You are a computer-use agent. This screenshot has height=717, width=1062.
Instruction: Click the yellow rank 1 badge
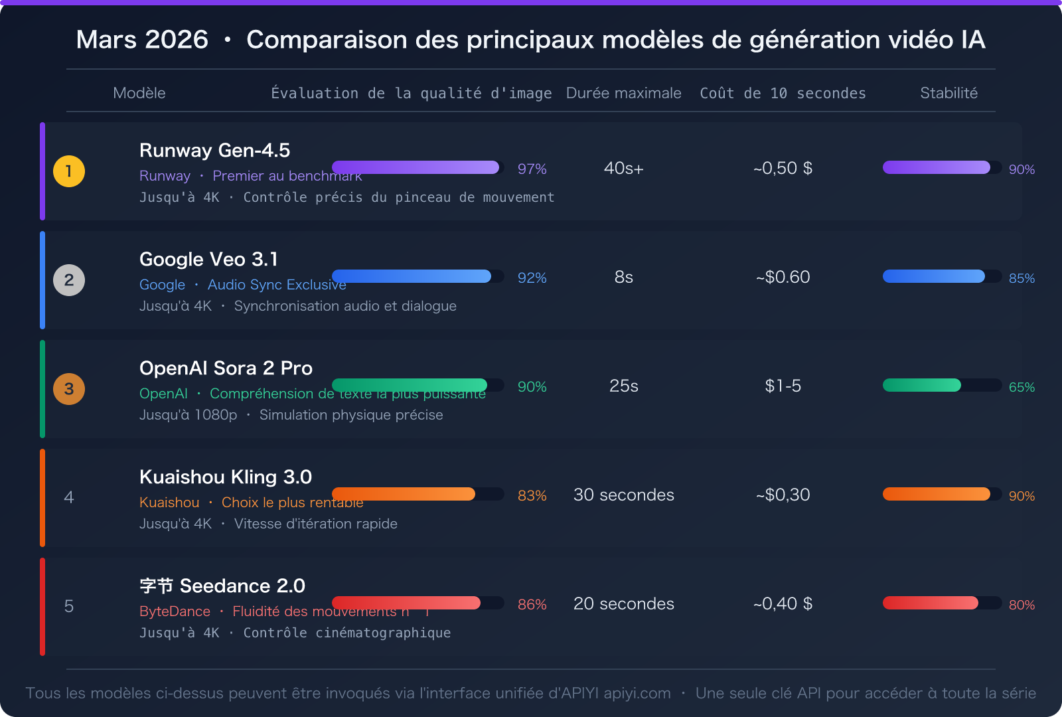(x=69, y=171)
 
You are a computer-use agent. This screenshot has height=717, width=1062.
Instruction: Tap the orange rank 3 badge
(x=69, y=389)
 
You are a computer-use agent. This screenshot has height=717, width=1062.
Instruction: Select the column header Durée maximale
(x=623, y=93)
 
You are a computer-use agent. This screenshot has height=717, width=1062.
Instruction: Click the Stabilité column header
(x=948, y=93)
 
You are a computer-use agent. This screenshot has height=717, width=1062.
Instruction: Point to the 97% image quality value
(x=532, y=169)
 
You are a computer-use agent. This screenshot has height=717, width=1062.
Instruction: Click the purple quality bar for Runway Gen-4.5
(x=416, y=167)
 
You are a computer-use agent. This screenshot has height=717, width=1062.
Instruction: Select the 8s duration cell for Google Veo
(x=623, y=277)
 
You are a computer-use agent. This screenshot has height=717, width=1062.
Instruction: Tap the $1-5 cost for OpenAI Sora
(x=783, y=386)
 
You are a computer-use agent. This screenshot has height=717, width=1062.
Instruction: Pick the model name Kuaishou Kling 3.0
(x=226, y=477)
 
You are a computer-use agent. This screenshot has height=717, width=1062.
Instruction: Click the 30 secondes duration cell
(x=623, y=495)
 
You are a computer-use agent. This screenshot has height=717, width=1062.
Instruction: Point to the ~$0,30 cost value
(x=783, y=495)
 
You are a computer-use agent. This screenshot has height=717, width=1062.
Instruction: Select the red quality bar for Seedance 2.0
(x=406, y=603)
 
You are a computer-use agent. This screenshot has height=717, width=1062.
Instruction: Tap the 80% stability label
(x=1022, y=605)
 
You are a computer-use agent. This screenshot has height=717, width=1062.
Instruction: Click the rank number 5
(x=69, y=606)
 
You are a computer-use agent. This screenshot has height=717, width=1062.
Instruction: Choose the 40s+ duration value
(x=623, y=168)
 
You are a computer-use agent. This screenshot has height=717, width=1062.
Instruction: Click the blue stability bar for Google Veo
(x=933, y=276)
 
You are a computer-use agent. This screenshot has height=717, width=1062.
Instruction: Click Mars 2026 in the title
(x=142, y=40)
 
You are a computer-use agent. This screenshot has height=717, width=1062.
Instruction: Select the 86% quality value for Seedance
(x=532, y=605)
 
